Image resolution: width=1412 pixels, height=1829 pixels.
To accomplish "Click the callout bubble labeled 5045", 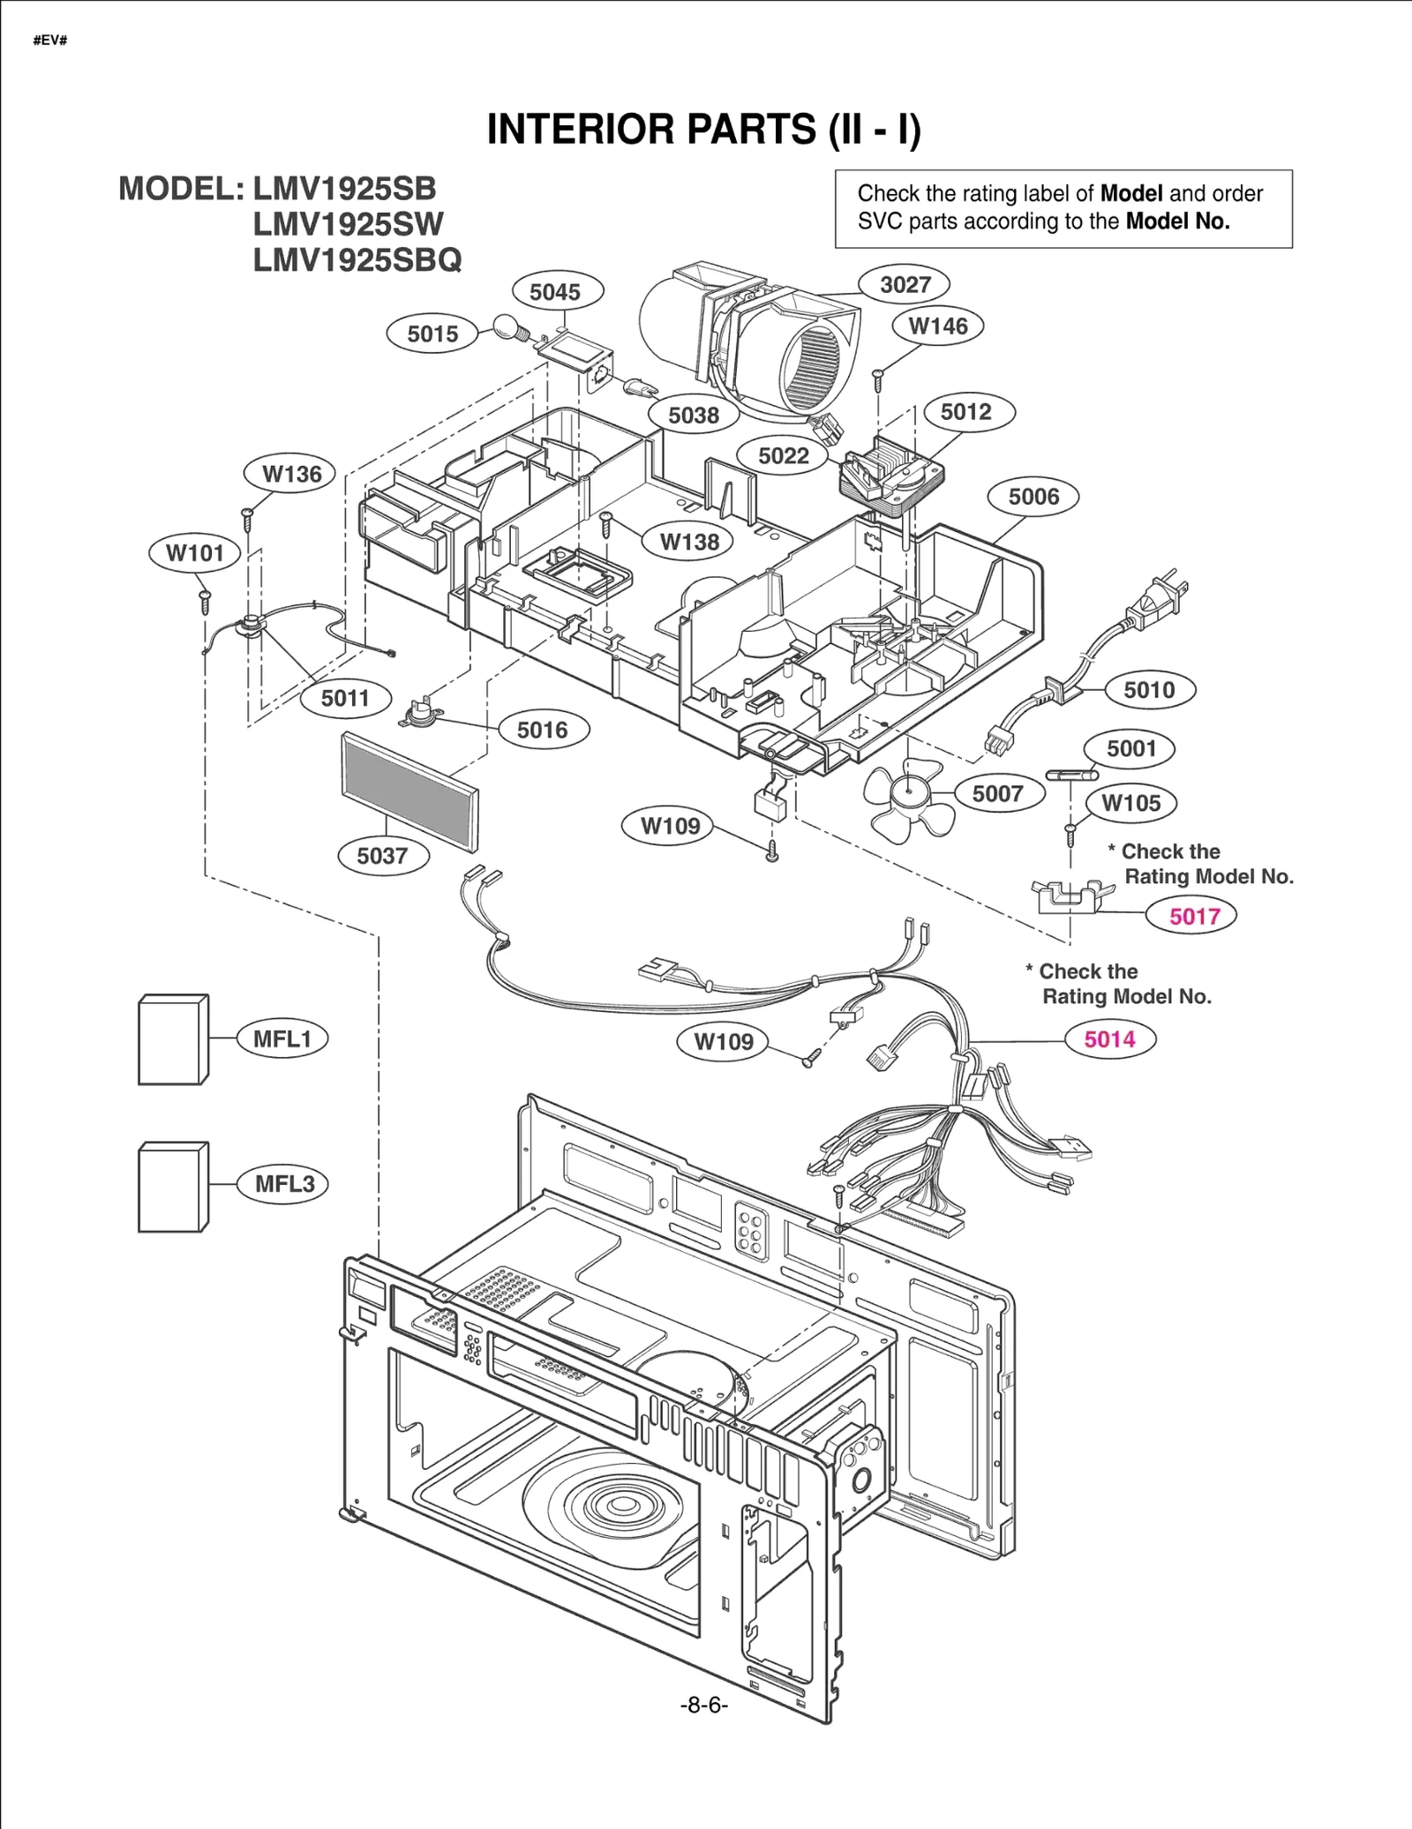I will point(554,292).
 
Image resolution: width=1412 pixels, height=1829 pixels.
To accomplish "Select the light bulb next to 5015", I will point(507,327).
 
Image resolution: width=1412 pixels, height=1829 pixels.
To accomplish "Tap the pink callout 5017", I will point(1194,916).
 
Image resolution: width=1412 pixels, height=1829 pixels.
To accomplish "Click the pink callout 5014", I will point(1109,1039).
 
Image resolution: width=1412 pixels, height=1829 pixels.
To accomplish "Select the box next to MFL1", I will point(173,1040).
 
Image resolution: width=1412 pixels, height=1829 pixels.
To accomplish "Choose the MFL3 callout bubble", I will point(284,1184).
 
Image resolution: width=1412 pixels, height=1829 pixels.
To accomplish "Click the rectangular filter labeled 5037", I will point(409,791).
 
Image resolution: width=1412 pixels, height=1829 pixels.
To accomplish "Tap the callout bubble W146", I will point(937,326).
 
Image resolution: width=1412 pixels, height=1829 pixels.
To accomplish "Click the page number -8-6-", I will point(703,1705).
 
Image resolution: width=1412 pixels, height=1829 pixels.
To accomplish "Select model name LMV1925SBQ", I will point(357,260).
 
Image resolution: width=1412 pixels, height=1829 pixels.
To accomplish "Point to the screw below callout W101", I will point(205,603).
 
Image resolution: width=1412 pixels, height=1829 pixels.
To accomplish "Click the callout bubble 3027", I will point(905,284).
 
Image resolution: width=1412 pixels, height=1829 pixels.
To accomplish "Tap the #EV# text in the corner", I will point(50,41).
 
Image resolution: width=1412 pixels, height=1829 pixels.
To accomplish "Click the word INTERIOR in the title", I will point(582,130).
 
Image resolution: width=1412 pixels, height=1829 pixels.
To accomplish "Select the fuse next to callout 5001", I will point(1070,776).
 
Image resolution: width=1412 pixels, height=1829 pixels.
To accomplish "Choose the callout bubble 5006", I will point(1033,497).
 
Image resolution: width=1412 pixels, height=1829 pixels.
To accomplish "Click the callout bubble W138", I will point(688,542).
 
